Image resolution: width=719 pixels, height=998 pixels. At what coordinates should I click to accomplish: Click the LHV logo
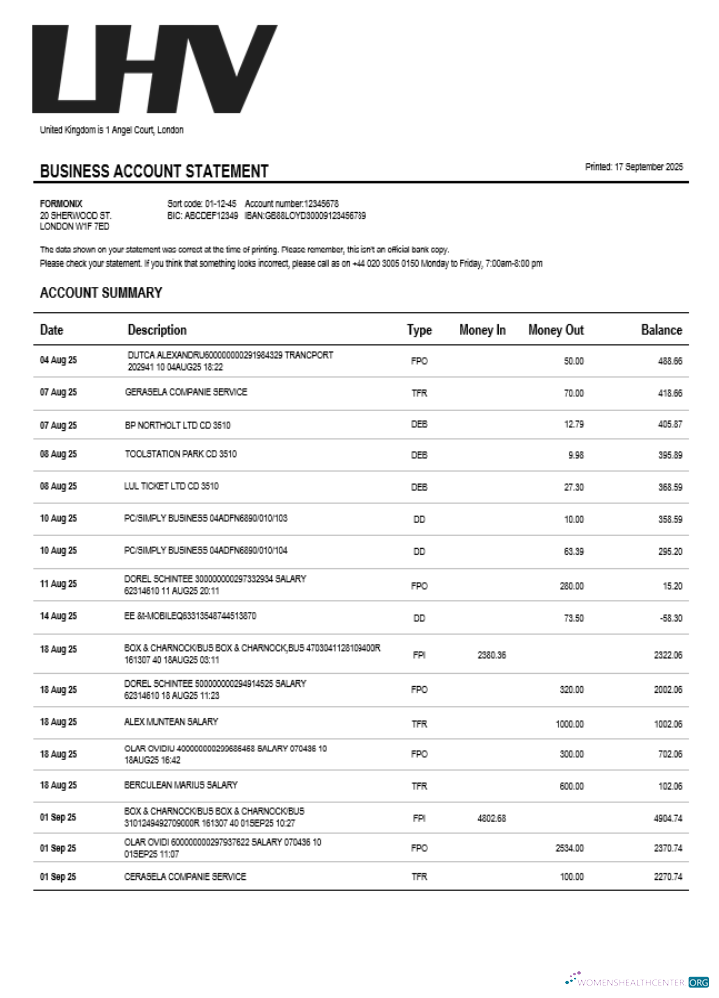(x=154, y=69)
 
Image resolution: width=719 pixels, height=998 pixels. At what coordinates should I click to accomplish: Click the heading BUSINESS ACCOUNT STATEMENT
(x=154, y=171)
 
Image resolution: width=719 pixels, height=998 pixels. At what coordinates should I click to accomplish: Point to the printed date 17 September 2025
(x=634, y=167)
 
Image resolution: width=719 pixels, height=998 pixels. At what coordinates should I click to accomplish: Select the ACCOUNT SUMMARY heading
(x=101, y=293)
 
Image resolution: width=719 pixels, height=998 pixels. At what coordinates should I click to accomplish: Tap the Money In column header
(x=482, y=330)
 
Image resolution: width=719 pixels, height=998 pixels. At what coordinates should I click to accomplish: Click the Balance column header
(x=661, y=330)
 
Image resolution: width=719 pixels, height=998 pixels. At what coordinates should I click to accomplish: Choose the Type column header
(x=419, y=330)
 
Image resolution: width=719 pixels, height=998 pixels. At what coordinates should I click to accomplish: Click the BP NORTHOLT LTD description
(x=177, y=425)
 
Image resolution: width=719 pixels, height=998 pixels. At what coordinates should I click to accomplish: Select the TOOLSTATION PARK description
(x=181, y=455)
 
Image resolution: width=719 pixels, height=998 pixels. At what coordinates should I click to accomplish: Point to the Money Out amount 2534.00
(x=569, y=848)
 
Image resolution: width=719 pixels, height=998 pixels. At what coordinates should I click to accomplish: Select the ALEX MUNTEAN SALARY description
(x=171, y=721)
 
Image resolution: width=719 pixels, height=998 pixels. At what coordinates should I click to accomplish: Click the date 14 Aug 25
(x=58, y=619)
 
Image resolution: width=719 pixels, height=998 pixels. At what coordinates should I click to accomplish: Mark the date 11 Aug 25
(x=58, y=584)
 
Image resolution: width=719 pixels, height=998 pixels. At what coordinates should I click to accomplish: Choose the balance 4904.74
(x=664, y=819)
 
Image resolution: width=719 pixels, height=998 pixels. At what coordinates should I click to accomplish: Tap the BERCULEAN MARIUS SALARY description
(x=181, y=785)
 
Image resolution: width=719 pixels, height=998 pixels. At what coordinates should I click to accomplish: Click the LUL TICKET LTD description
(x=171, y=486)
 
